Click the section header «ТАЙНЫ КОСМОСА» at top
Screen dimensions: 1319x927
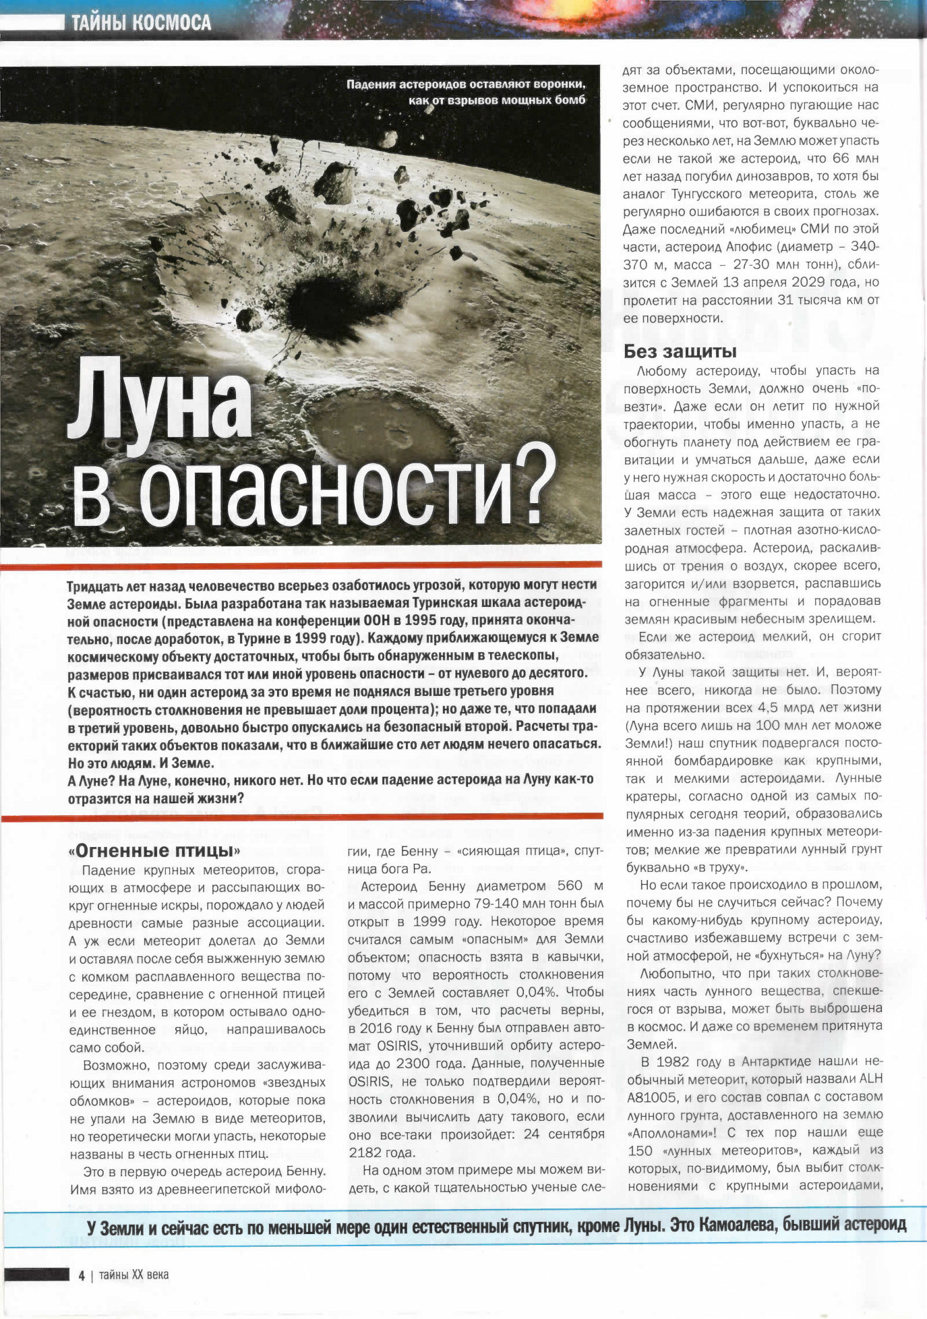pyautogui.click(x=141, y=23)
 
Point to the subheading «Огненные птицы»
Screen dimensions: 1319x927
pyautogui.click(x=154, y=850)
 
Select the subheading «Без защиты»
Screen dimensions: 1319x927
pyautogui.click(x=680, y=351)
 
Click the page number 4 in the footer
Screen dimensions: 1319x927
pyautogui.click(x=82, y=1275)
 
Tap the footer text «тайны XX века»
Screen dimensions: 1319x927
pyautogui.click(x=133, y=1274)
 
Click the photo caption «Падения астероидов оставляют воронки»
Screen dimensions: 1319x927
pyautogui.click(x=465, y=85)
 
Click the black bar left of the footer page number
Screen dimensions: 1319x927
pyautogui.click(x=36, y=1274)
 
